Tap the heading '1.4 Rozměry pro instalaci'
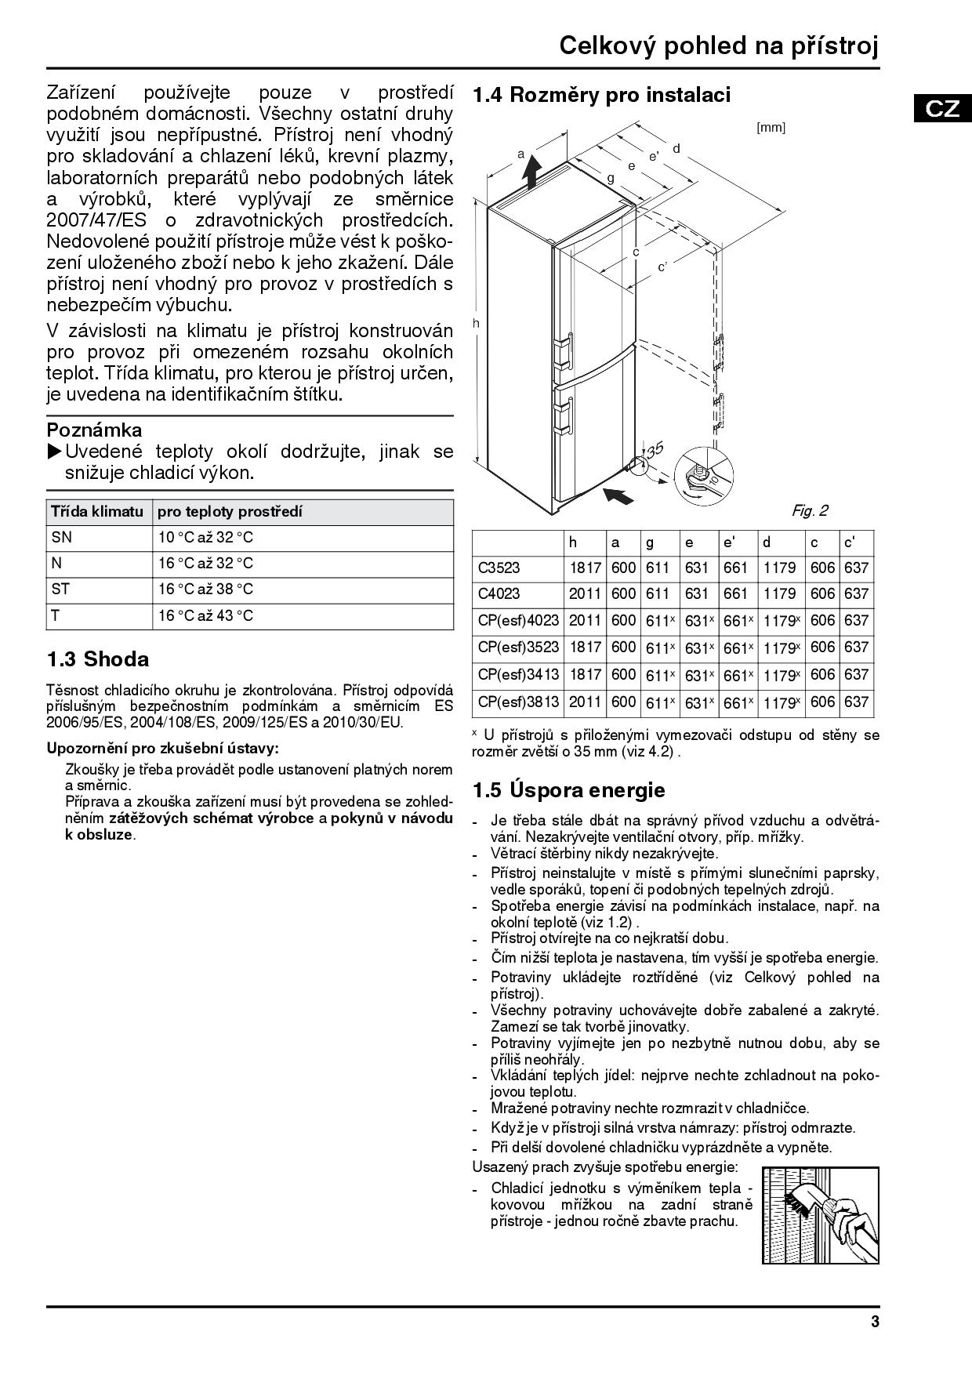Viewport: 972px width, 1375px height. coord(601,95)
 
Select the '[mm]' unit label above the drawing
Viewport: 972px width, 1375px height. coord(771,127)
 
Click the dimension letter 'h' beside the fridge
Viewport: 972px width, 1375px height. coord(476,323)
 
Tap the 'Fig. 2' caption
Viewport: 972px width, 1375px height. coord(809,511)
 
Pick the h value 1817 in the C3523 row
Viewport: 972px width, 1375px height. coord(585,568)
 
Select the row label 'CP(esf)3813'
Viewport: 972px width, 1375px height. coord(518,702)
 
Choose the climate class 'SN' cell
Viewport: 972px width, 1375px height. coord(61,538)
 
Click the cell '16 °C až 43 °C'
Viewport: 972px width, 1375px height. coord(205,616)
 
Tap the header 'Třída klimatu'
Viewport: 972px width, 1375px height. coord(97,512)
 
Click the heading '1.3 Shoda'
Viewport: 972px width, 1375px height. coord(98,659)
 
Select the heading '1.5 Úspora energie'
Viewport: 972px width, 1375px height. coord(568,790)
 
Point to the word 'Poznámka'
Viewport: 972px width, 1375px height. coord(95,430)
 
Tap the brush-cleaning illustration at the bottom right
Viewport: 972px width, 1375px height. coord(820,1215)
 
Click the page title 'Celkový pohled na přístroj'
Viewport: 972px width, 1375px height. coord(719,46)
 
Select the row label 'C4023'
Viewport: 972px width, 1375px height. coord(499,593)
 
